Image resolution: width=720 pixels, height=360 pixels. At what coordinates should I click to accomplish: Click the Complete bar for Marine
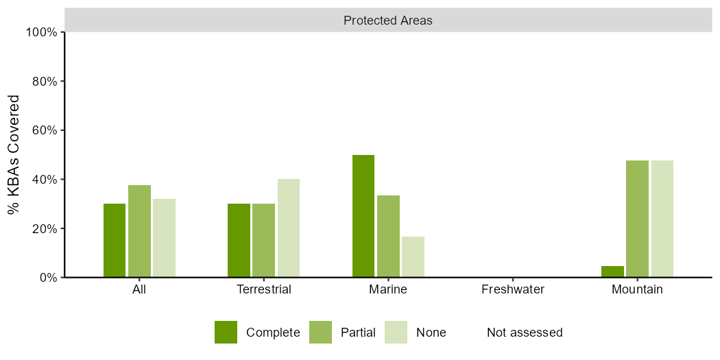[363, 216]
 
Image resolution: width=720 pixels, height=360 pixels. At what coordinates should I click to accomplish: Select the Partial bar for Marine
[389, 237]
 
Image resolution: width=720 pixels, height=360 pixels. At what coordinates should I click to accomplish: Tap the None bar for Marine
[413, 257]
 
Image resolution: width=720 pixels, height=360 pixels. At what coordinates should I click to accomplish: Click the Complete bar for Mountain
[612, 272]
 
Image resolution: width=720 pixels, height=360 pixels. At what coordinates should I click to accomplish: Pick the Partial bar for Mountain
[637, 219]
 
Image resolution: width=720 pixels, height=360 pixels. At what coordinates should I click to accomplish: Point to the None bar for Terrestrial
[289, 228]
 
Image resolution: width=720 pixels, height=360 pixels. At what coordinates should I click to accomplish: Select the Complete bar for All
[115, 241]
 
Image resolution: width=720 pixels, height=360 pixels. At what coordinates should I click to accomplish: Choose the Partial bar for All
[140, 232]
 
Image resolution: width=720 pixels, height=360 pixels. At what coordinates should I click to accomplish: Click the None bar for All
[165, 239]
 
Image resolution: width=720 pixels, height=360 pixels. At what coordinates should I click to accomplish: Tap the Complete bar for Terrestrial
[239, 241]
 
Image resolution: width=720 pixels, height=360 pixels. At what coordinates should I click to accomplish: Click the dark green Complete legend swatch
[226, 332]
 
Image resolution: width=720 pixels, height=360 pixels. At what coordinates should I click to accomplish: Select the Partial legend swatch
[320, 332]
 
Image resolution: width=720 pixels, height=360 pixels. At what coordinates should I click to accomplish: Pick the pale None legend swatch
[396, 332]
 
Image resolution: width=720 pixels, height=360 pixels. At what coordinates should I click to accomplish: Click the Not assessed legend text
[525, 332]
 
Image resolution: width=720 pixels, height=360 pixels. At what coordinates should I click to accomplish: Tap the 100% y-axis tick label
[42, 32]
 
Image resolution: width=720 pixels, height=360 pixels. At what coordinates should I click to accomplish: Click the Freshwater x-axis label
[513, 290]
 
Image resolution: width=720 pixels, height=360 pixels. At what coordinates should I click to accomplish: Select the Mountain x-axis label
[637, 290]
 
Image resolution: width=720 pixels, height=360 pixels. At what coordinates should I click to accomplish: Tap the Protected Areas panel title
[388, 21]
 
